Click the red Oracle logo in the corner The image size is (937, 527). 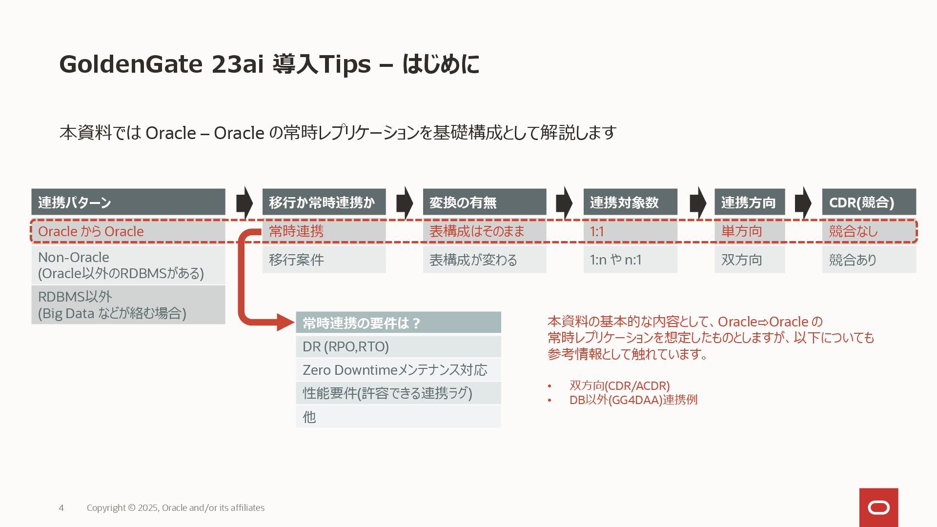pos(878,507)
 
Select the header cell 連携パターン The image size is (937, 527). pos(128,202)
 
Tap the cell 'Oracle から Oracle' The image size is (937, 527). pos(128,231)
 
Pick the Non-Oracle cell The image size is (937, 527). pos(128,265)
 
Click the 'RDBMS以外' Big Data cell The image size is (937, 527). pos(128,305)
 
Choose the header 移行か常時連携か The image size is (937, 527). pos(324,202)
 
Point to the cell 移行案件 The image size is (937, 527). pos(324,260)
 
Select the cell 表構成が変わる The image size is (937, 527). pos(484,260)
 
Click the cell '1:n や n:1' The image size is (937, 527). pos(630,260)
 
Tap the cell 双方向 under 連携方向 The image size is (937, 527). pos(749,260)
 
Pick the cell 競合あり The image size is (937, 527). pos(869,260)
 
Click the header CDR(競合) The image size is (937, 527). pos(869,202)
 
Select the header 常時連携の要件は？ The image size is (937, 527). pos(398,323)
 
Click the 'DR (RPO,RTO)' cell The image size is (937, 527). pos(398,346)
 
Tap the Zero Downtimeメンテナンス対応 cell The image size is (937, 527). pos(398,370)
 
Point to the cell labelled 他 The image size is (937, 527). pos(398,417)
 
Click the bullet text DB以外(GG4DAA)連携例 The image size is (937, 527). pos(633,400)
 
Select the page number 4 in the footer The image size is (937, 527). pos(61,508)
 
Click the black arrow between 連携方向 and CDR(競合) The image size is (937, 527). pos(803,202)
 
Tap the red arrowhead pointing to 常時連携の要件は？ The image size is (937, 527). pos(285,323)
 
